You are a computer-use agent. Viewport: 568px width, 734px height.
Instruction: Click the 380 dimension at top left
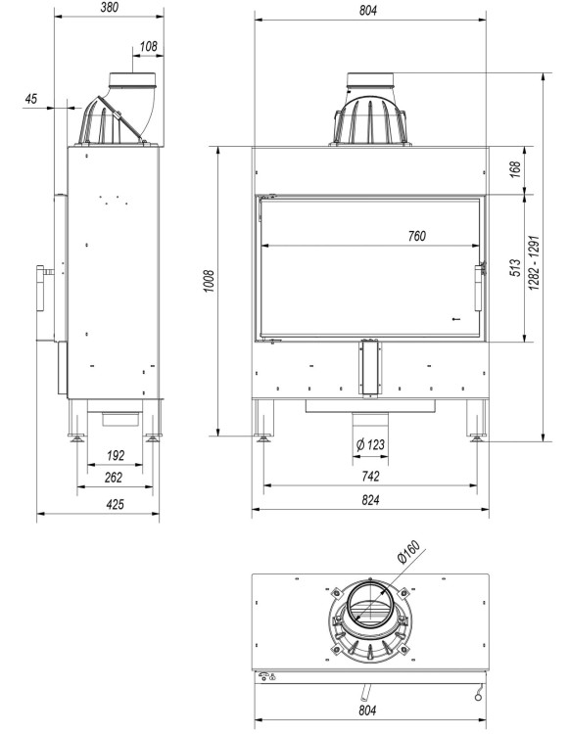[111, 8]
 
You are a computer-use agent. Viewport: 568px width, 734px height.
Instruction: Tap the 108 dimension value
[149, 46]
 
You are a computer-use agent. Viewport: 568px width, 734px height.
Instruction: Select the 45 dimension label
[30, 98]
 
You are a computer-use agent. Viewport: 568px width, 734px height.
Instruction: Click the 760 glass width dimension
[415, 235]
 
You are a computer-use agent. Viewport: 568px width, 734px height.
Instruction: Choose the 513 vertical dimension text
[514, 269]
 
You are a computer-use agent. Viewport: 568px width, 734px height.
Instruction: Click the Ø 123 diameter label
[370, 445]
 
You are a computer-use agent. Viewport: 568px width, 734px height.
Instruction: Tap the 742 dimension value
[370, 476]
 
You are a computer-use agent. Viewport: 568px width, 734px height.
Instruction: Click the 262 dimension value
[114, 478]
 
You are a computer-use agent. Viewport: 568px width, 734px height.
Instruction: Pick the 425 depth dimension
[114, 505]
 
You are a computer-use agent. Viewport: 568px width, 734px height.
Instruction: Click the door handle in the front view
[480, 285]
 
